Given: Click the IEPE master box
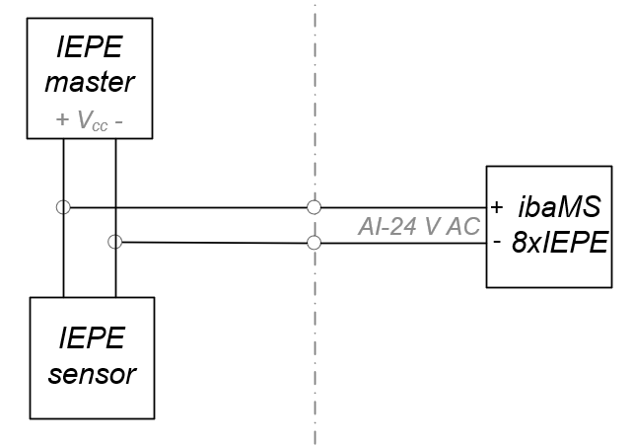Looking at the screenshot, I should pyautogui.click(x=89, y=59).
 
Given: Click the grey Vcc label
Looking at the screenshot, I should pyautogui.click(x=90, y=122).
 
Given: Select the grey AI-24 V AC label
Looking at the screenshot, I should pyautogui.click(x=418, y=226).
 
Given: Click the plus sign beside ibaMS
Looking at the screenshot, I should pyautogui.click(x=497, y=207).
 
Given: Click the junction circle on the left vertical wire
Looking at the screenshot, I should pyautogui.click(x=63, y=207).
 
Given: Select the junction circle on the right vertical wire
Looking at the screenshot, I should pyautogui.click(x=115, y=242).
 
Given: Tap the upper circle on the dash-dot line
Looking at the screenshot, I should pyautogui.click(x=315, y=207).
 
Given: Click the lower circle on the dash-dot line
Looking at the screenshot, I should pyautogui.click(x=315, y=243).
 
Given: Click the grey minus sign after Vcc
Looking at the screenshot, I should pyautogui.click(x=119, y=121).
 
